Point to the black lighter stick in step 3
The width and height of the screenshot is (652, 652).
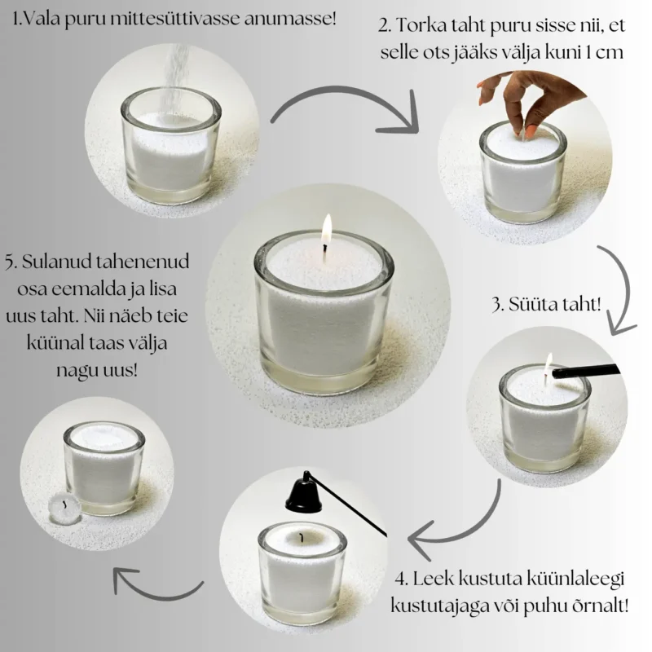pos(585,371)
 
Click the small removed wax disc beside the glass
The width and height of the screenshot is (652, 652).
pos(65,507)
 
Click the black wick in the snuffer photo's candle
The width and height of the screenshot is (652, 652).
pos(301,538)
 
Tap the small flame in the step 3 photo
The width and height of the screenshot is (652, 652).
pos(548,363)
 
